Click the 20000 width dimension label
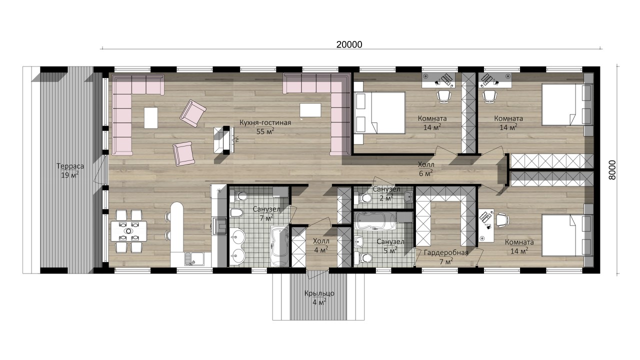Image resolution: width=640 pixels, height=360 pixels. coord(349,44)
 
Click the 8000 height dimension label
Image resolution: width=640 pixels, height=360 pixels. coord(612,169)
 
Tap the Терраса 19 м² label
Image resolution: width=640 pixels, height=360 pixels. coord(70,170)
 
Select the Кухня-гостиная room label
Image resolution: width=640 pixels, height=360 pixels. coord(265,122)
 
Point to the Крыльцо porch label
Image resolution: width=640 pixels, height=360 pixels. coord(319,293)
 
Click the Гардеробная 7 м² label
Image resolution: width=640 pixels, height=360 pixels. coord(446,257)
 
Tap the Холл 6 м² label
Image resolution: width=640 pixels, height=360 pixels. coord(426,168)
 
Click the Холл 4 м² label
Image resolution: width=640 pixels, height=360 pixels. coord(321,245)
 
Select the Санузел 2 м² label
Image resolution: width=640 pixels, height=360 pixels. coord(386,193)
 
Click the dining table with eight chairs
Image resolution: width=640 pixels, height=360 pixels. coord(128,231)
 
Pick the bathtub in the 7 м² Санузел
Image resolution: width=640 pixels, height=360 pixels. coord(279,246)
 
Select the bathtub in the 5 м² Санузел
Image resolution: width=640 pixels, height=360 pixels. coord(375,221)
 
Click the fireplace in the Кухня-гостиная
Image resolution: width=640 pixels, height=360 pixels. coord(223,140)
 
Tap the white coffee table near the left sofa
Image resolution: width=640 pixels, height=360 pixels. coord(151,117)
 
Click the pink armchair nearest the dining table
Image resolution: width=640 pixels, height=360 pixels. coord(183,153)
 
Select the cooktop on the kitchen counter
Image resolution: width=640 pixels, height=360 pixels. coord(219,226)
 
